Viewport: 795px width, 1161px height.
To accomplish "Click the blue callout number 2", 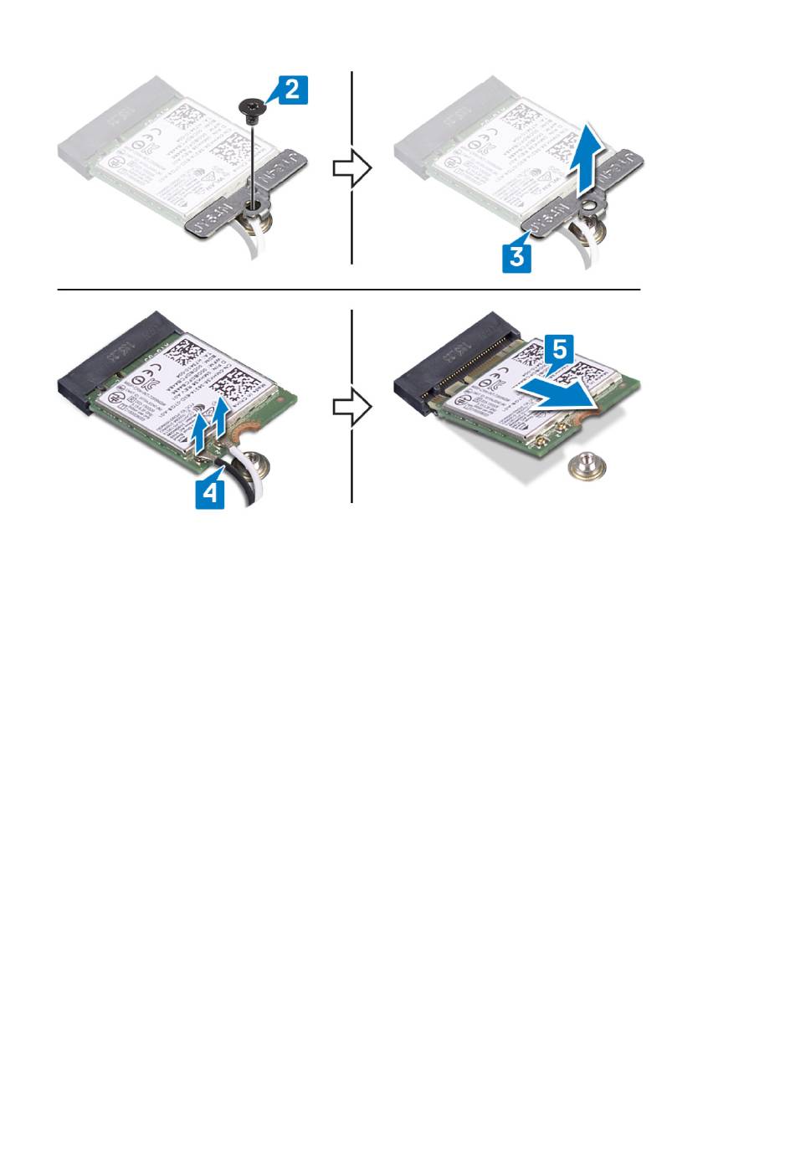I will (291, 90).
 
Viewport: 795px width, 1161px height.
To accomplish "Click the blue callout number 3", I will (516, 255).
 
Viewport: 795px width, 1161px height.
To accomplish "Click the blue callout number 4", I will (210, 491).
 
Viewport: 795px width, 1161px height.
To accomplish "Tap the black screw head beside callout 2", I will (250, 105).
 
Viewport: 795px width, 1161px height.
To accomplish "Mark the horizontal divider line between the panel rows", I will (348, 290).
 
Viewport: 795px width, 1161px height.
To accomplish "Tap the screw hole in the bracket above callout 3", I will (592, 203).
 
